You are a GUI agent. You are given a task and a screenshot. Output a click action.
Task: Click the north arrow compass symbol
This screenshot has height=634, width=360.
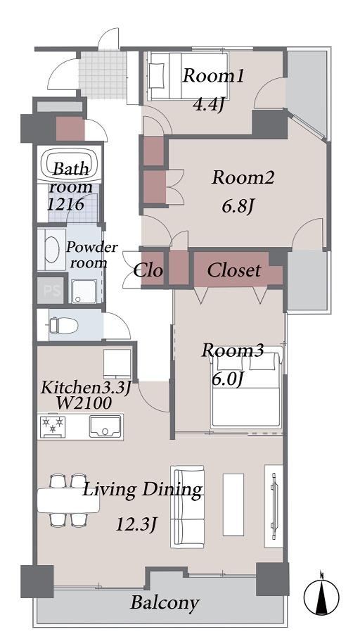pos(321,597)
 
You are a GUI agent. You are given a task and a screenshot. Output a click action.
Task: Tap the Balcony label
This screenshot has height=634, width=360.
pos(165,603)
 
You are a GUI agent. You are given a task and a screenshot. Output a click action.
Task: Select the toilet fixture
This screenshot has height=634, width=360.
pos(63,325)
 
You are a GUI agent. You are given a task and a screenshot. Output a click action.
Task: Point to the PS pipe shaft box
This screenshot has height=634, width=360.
pos(51,290)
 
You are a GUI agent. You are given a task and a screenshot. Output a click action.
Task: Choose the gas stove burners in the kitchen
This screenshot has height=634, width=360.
pos(53,426)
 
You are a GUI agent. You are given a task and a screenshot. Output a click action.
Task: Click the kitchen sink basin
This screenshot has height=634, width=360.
pos(105,426)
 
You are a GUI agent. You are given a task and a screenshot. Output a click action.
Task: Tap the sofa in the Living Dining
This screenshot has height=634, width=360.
pos(187,507)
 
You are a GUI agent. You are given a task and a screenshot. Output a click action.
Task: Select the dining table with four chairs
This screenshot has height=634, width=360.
pos(68,500)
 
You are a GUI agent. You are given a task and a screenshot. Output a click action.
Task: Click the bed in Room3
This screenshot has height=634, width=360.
pos(245,390)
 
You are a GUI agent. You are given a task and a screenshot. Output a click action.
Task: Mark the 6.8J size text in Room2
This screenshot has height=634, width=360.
pos(238,207)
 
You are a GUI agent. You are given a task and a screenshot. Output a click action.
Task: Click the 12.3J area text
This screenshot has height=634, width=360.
pos(136,525)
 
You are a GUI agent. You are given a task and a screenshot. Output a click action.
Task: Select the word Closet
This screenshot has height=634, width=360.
pos(234,270)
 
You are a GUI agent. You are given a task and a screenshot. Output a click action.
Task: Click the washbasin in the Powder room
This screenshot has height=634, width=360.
pos(52,250)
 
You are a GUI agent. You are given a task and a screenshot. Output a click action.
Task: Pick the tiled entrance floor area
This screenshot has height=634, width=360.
pos(103,75)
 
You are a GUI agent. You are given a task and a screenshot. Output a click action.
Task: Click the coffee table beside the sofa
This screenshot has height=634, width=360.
pos(233,505)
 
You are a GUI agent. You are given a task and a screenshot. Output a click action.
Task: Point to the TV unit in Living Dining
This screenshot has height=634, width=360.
pos(274,506)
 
